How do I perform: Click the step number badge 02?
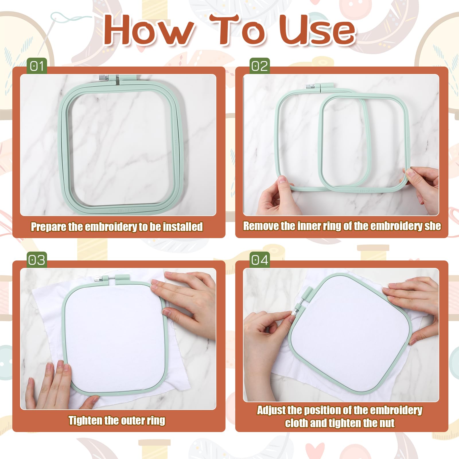[x=260, y=66]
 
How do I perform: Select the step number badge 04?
[x=260, y=260]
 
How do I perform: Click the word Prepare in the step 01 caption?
[x=49, y=227]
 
